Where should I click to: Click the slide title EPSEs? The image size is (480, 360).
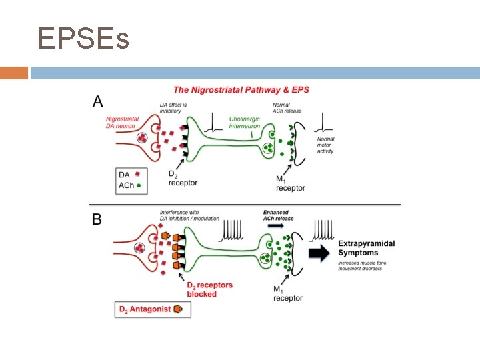coord(83,39)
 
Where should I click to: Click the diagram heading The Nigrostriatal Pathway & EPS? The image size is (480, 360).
coord(241,89)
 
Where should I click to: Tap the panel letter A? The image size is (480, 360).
coord(98,101)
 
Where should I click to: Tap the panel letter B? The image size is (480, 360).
coord(97,219)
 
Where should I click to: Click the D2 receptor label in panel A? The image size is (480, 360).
coord(183,179)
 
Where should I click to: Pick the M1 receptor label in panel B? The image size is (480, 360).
coord(288,293)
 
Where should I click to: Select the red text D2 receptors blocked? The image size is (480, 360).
coord(209,289)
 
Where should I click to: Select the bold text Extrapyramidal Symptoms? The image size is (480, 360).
coord(367,248)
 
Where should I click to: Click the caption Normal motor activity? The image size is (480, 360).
coord(326,145)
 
